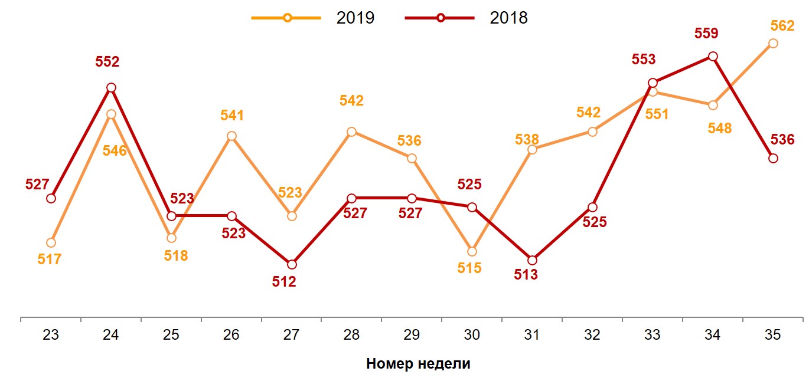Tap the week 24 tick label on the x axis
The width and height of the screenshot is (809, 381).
(x=111, y=335)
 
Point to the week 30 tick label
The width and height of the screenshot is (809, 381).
(x=472, y=335)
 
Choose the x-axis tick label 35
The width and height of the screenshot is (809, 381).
(x=772, y=335)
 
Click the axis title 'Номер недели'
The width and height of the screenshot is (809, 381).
(x=418, y=363)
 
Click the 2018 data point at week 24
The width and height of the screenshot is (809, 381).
(x=111, y=88)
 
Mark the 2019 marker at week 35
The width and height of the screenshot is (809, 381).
(x=772, y=43)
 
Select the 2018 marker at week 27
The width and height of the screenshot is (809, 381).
(x=291, y=264)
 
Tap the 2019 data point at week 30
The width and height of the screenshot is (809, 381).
(x=472, y=251)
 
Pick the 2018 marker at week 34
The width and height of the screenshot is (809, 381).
(x=713, y=56)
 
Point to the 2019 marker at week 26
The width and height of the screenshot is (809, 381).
(x=231, y=136)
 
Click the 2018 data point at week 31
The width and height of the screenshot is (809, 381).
(x=532, y=260)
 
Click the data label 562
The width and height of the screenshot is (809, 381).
(x=782, y=25)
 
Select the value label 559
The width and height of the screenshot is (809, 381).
(x=706, y=34)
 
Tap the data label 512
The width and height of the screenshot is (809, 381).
(x=284, y=282)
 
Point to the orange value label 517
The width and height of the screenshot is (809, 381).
(x=50, y=259)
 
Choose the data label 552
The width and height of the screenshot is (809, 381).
(x=107, y=62)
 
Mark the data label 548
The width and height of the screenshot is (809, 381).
(x=720, y=128)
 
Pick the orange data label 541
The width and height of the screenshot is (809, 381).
(x=232, y=116)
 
